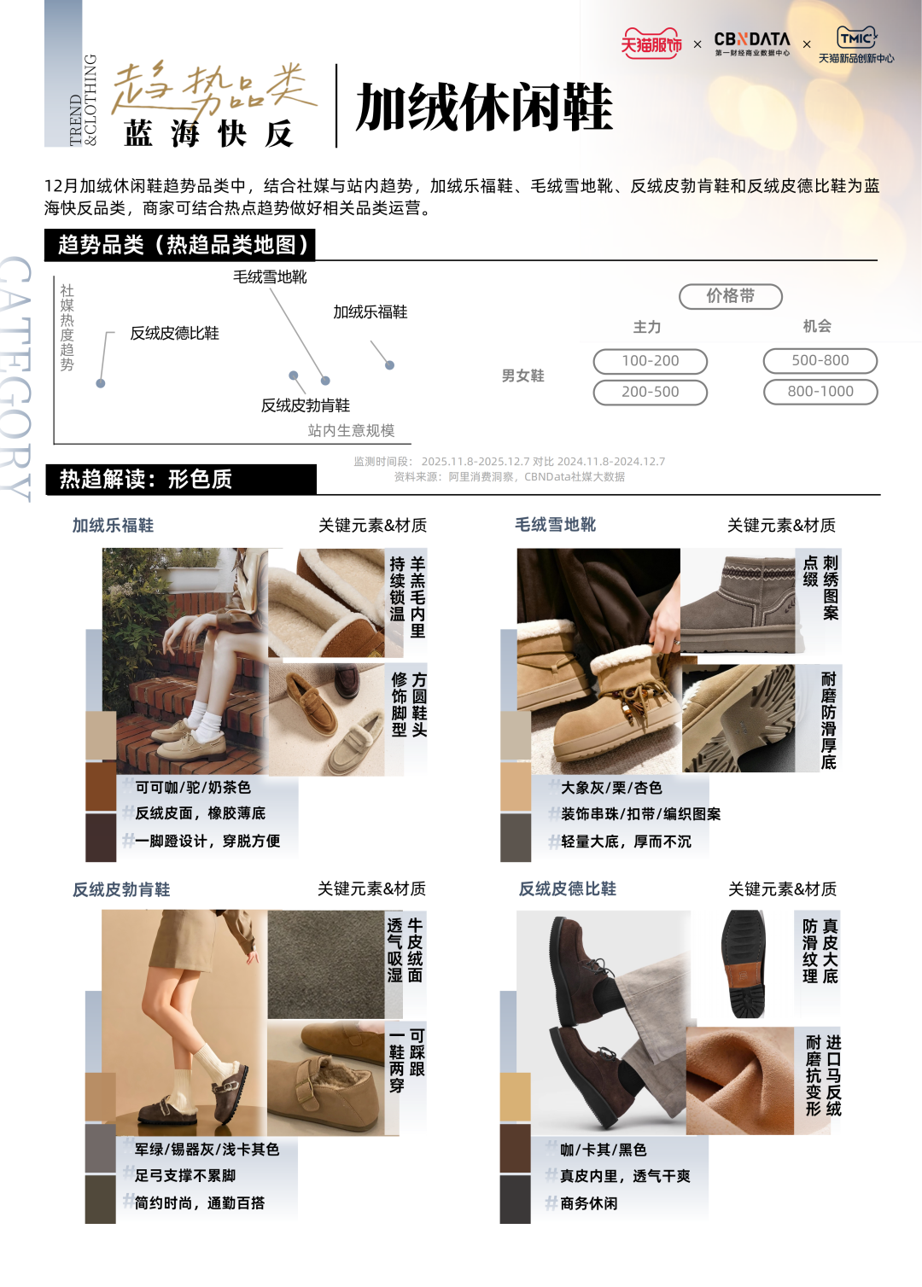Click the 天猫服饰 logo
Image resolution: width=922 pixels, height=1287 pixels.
651,43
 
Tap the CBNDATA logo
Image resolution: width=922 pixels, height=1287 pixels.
752,44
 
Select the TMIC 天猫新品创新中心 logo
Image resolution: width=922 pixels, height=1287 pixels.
856,44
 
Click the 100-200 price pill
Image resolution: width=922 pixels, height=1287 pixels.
651,361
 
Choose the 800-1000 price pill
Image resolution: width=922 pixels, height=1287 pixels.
820,392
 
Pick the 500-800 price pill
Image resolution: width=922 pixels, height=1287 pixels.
820,361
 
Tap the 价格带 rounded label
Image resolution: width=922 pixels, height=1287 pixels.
731,296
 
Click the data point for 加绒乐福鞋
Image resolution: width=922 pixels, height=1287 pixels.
390,364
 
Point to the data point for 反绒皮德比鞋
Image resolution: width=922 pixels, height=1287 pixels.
101,383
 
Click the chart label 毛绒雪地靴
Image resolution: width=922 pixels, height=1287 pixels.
270,277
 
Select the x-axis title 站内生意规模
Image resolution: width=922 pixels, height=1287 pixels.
351,430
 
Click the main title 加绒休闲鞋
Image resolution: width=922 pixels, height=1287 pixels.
484,107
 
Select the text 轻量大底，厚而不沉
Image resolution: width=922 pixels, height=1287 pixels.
626,841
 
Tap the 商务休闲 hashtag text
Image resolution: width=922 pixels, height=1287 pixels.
588,1203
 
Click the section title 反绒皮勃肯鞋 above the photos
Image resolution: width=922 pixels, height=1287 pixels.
121,889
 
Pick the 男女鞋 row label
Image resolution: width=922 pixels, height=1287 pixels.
522,376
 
